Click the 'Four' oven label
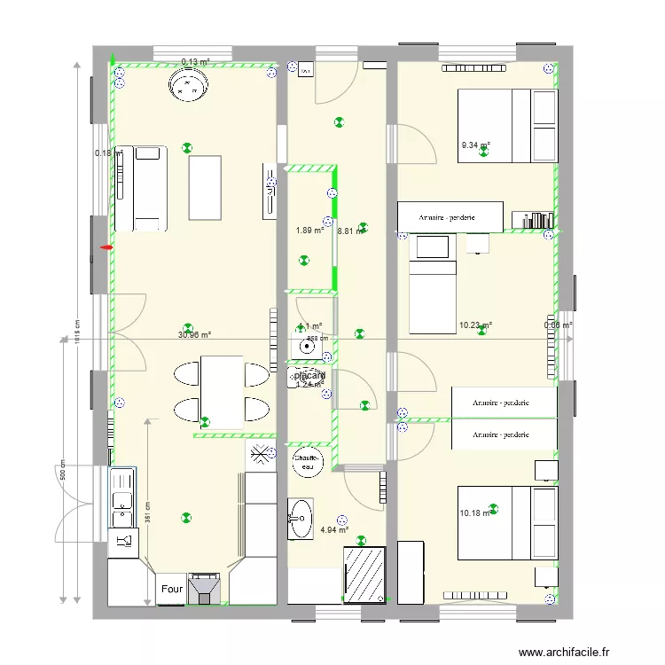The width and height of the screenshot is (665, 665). click(x=171, y=588)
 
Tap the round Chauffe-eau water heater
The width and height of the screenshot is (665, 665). click(x=308, y=458)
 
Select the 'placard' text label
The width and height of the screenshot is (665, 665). click(x=309, y=377)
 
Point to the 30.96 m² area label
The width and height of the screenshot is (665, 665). click(x=194, y=335)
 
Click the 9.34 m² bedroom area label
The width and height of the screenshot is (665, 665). click(x=475, y=145)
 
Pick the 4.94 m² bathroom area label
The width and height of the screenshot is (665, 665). click(x=333, y=530)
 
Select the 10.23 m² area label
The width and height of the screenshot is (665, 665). click(x=475, y=325)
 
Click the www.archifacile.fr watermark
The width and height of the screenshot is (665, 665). click(x=565, y=653)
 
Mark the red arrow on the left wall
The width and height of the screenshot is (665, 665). click(x=107, y=248)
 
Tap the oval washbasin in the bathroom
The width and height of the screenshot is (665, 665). click(x=301, y=518)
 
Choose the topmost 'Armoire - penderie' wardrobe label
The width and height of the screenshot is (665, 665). click(x=449, y=215)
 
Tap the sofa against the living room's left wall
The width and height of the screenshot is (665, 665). click(x=147, y=189)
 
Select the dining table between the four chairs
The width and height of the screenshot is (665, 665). click(x=222, y=391)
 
